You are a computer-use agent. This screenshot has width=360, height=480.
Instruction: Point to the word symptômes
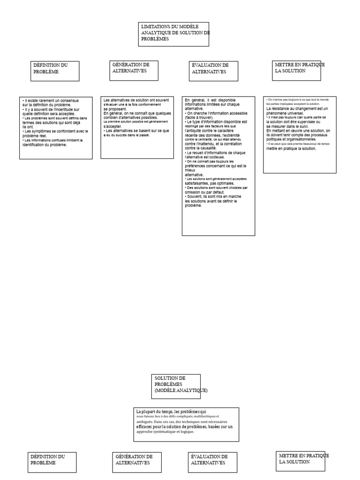click(x=42, y=131)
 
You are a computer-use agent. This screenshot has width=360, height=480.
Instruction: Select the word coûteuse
click(x=213, y=157)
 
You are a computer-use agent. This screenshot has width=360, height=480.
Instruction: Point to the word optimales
click(x=223, y=183)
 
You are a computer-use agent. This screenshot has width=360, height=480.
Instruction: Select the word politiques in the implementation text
click(x=277, y=139)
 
